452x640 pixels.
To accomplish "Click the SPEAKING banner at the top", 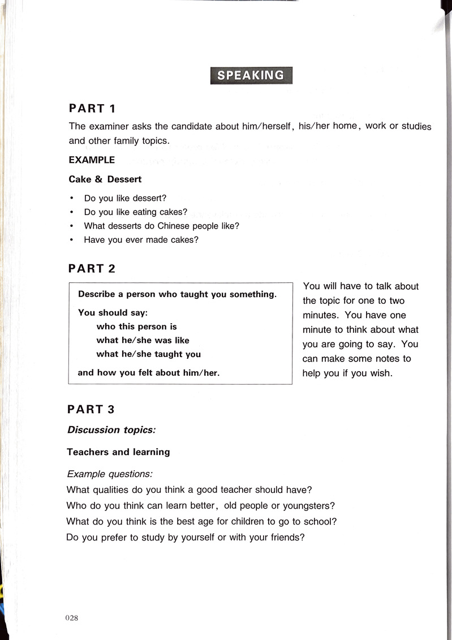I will [251, 75].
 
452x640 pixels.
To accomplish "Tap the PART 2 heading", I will [92, 269].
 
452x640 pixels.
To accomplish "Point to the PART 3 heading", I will [91, 409].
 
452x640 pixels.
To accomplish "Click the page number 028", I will [71, 618].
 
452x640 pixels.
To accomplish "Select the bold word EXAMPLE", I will [92, 160].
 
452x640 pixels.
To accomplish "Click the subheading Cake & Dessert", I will [105, 179].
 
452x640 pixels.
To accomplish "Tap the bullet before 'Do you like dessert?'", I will [71, 199].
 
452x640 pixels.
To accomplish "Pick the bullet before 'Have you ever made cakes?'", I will [71, 239].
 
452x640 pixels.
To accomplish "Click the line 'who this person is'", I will [136, 327].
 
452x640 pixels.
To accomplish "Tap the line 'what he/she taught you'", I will [148, 354].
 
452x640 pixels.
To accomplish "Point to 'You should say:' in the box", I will [113, 312].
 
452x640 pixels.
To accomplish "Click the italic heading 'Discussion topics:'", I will [111, 430].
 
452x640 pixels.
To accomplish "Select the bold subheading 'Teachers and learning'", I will [118, 452].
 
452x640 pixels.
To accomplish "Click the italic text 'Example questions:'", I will [110, 473].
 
